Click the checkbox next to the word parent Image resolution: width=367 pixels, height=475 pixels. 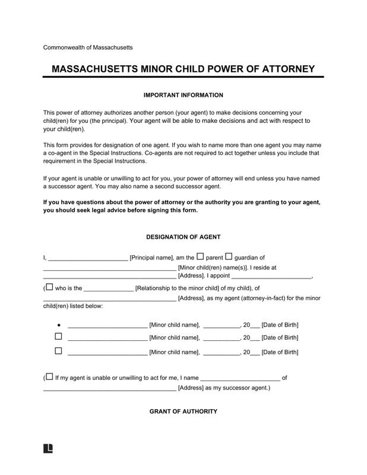tap(200, 256)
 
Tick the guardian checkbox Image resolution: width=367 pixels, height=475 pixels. tap(229, 256)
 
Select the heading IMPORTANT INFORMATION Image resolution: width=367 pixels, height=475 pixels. tap(183, 94)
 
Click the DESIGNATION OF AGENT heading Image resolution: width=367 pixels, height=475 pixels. tap(183, 237)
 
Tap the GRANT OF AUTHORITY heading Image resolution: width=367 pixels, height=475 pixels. tap(183, 411)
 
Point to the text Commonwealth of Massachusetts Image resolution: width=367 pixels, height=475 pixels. tap(87, 47)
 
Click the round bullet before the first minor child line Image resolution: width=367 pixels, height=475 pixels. tap(58, 325)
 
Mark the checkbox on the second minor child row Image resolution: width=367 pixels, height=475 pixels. tap(58, 337)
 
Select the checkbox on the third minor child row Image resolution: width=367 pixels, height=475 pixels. tap(58, 351)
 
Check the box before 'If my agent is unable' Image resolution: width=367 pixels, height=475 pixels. tap(49, 376)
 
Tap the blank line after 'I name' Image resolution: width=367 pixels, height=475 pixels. tap(241, 378)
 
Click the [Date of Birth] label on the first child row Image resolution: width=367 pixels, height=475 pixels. tap(280, 325)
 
